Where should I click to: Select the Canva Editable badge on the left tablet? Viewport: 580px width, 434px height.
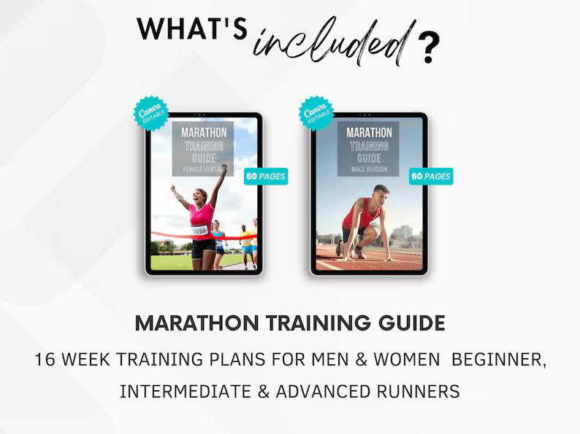[150, 111]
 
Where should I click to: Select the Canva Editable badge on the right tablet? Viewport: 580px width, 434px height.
[316, 111]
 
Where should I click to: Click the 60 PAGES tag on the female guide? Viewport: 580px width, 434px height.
[266, 176]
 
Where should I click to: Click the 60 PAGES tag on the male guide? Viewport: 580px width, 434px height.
[431, 176]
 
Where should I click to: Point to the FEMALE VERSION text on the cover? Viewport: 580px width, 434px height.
[204, 169]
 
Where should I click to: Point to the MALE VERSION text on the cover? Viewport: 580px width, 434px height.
[368, 169]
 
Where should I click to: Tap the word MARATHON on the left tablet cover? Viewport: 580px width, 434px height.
[204, 133]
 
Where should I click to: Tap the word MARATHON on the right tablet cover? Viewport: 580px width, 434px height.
[368, 133]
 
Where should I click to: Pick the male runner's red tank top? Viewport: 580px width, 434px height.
[370, 216]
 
